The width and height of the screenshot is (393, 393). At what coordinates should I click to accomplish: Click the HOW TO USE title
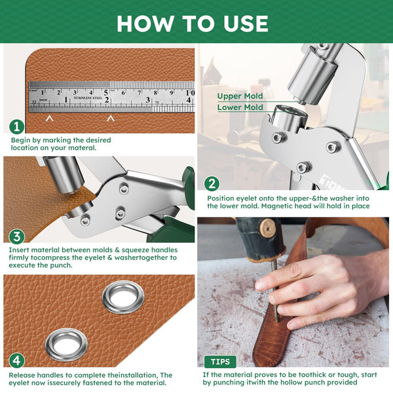click(193, 23)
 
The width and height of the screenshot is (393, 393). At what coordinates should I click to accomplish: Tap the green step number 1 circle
click(17, 127)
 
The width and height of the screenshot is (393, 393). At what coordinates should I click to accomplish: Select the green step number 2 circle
click(212, 184)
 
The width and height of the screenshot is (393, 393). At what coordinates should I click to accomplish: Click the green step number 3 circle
click(17, 236)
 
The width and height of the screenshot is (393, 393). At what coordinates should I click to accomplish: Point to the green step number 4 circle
click(17, 360)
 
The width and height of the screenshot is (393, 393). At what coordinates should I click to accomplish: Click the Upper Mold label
click(240, 96)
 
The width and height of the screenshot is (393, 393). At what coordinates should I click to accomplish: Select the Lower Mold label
click(240, 107)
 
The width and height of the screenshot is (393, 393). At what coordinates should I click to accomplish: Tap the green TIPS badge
click(220, 362)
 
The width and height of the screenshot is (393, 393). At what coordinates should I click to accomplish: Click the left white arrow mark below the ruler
click(49, 119)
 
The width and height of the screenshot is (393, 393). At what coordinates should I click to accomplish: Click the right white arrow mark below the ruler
click(111, 119)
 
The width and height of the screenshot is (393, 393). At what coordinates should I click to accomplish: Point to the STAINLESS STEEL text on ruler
click(88, 97)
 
